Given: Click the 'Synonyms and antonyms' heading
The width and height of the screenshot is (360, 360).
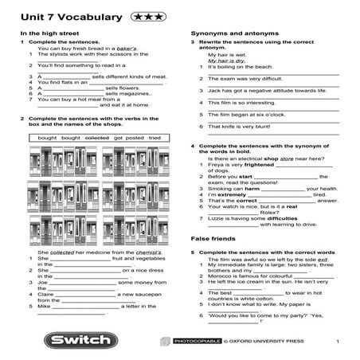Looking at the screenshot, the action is [227, 33].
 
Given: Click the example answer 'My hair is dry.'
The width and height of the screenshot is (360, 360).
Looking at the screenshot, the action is [226, 61].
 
